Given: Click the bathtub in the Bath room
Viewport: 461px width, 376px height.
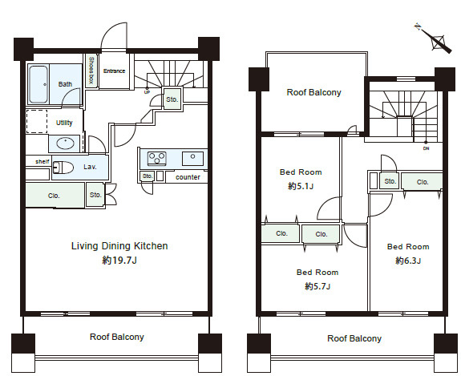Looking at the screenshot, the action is tap(38, 84).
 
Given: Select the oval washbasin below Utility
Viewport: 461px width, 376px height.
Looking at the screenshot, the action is tap(65, 144).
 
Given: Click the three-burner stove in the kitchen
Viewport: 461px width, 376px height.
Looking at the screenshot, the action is tap(156, 159).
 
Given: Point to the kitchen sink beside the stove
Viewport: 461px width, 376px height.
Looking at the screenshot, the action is tap(192, 159).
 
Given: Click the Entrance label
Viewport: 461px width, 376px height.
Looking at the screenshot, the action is tap(114, 71).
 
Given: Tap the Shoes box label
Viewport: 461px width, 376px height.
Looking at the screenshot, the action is tap(91, 71).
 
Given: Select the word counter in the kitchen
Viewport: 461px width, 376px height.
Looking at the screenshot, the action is tap(188, 177).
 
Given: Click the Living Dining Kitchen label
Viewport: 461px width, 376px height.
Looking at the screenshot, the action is tap(119, 246).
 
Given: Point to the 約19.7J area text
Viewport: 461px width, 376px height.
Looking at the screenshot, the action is tap(119, 261).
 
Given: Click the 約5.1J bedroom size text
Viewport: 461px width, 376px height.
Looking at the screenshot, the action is tap(301, 186).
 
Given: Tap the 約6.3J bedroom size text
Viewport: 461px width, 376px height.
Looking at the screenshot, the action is tap(408, 261).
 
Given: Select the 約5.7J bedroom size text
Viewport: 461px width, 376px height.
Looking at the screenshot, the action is tap(317, 286).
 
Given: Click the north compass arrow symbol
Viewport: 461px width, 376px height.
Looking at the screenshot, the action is tap(434, 39).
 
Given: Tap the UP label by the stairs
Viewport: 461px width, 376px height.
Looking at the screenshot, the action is tap(147, 92).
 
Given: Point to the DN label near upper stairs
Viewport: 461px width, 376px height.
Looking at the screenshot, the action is tap(426, 148).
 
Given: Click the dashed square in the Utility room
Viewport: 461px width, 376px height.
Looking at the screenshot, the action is tap(37, 121).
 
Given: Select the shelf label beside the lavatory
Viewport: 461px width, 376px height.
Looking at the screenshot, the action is tap(42, 161).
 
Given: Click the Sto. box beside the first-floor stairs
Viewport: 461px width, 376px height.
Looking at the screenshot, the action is tap(172, 99).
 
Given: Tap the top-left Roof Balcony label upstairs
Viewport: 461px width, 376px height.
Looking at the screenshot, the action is tap(313, 92).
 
